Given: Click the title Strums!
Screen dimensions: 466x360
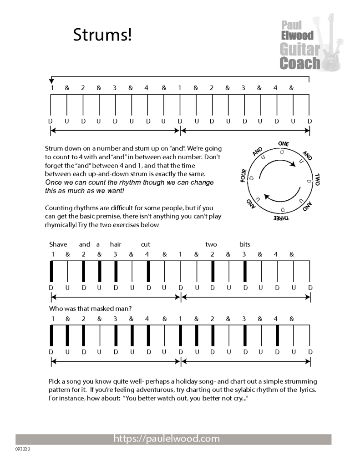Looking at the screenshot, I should click(102, 35).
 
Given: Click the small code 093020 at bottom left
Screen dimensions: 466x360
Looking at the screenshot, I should click(22, 449).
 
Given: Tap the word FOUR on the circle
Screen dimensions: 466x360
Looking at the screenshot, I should click(244, 176).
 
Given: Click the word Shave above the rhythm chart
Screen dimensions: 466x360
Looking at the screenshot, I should click(58, 244).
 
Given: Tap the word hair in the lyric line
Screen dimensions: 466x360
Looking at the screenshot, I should click(116, 244).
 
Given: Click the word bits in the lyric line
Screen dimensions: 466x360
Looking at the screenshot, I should click(245, 244).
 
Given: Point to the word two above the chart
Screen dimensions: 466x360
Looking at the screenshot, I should click(211, 244).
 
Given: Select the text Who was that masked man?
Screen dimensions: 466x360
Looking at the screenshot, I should click(91, 308).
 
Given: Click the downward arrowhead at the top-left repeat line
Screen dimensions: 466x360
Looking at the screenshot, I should click(51, 81).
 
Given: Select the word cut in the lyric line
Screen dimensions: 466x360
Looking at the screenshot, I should click(146, 244).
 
